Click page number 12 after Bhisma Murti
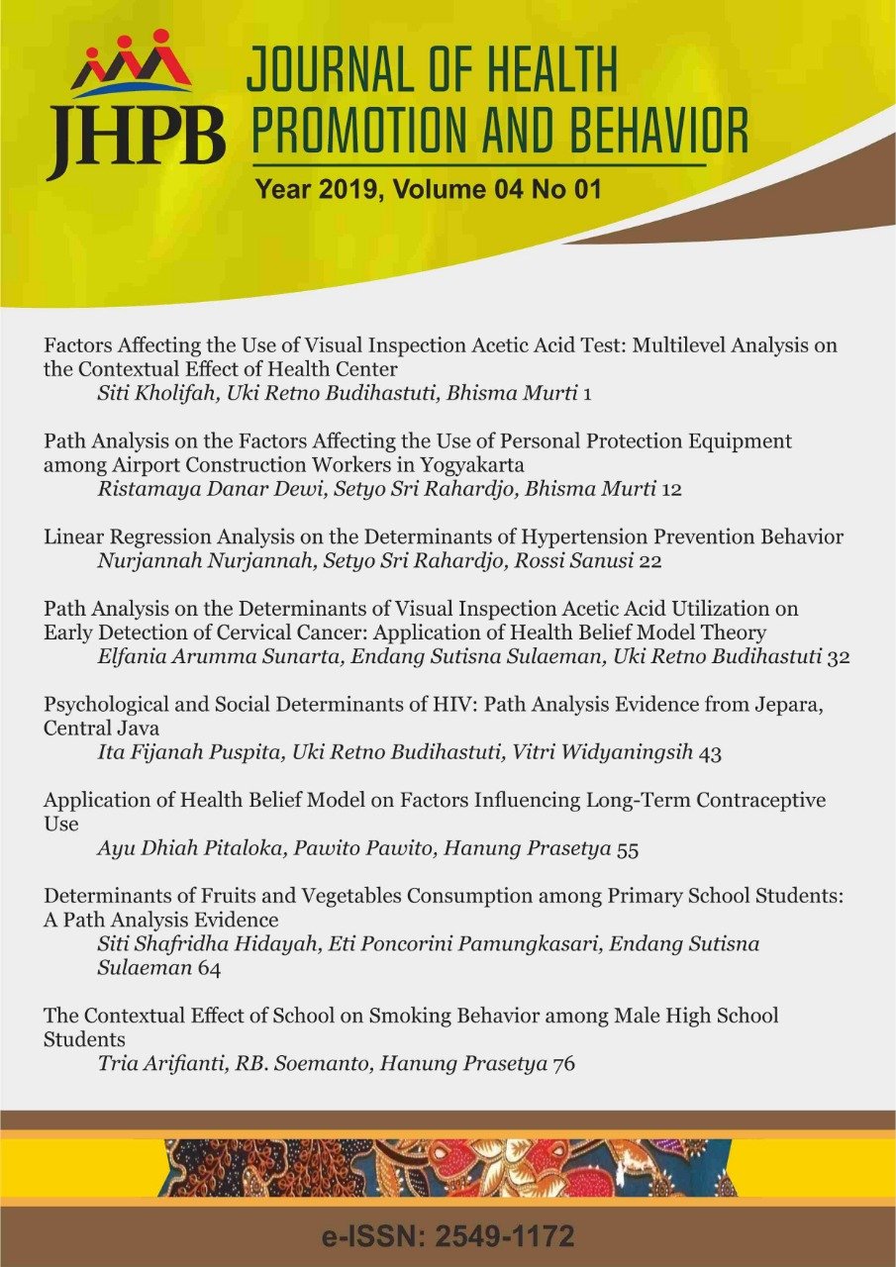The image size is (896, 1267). coord(671,489)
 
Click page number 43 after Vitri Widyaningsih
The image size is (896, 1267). coord(710,753)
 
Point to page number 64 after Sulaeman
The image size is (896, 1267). coord(209,968)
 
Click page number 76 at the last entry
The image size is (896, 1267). coord(564,1064)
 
